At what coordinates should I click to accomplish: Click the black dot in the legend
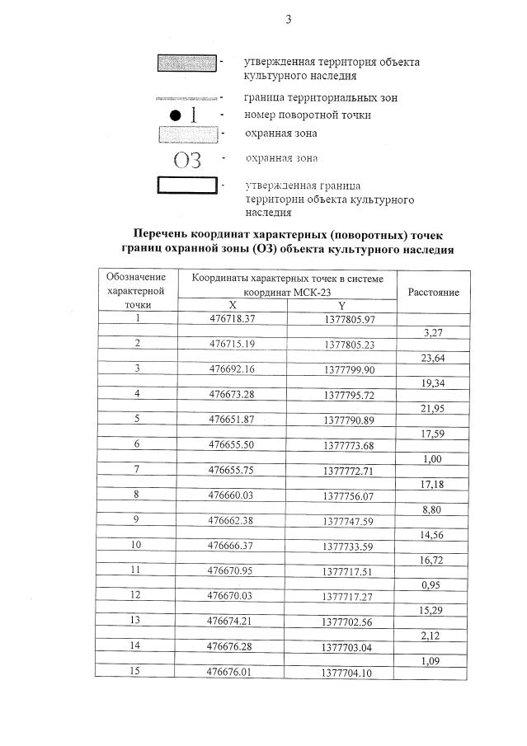coord(175,115)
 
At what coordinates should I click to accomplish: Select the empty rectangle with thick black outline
coord(186,185)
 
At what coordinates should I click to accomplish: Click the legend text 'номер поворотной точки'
coord(307,115)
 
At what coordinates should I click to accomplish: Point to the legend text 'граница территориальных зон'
coord(321,97)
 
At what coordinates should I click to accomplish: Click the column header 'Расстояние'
coord(428,292)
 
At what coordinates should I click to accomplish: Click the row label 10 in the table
coord(136,546)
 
